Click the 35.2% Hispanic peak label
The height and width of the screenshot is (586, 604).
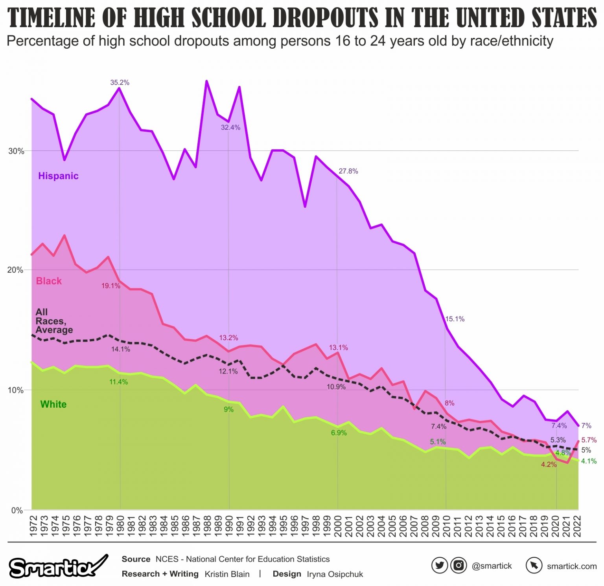coord(120,82)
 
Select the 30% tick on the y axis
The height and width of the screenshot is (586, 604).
coord(16,151)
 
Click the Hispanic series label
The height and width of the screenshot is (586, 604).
coord(58,176)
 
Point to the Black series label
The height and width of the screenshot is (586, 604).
coord(49,281)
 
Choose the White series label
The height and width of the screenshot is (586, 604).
coord(53,405)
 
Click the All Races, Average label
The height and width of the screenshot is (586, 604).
coord(54,321)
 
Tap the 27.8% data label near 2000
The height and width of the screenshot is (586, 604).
coord(348,171)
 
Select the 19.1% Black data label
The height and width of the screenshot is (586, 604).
coord(111,286)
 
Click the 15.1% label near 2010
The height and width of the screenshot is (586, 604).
coord(455,319)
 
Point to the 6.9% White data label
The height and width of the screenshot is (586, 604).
coord(339,433)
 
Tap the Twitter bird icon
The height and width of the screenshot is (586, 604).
coord(439,566)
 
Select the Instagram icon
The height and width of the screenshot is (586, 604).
coord(458,566)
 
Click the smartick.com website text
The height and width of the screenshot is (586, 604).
coord(571,566)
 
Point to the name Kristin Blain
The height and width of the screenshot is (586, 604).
coord(227,574)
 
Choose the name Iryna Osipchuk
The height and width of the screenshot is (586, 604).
coord(335,574)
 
